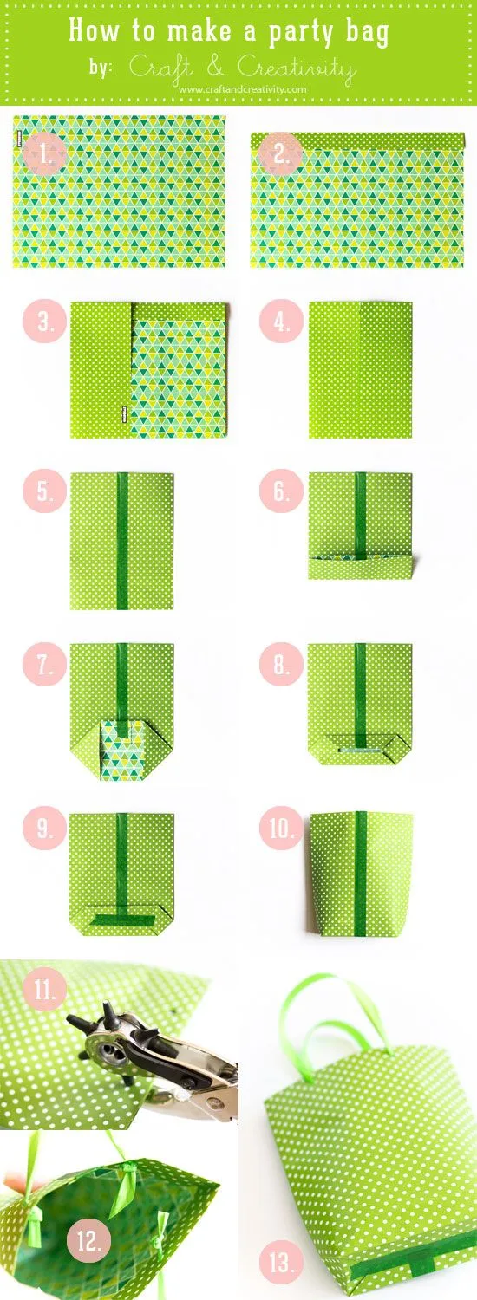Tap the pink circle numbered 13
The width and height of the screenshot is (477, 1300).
click(x=284, y=1263)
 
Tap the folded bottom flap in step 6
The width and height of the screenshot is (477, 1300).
click(x=360, y=568)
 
